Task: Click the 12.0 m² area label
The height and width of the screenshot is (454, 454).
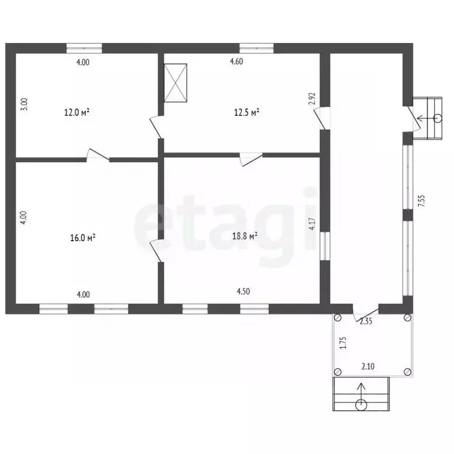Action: point(77,112)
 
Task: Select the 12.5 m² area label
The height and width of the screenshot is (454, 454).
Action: point(247,112)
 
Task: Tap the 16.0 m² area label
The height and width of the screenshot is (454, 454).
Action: point(83,238)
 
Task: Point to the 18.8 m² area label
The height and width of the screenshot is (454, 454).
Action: point(245,236)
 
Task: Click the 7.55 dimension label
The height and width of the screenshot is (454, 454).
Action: point(421,200)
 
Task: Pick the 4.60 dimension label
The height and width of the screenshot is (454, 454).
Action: point(236,61)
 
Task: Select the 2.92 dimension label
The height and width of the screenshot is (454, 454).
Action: point(312,99)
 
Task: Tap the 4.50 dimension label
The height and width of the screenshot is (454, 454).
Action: point(243,291)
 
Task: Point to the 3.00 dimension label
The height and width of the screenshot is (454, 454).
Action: point(25,104)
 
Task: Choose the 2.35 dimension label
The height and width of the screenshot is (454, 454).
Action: point(366,321)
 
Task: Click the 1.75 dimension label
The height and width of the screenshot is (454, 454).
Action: point(343,342)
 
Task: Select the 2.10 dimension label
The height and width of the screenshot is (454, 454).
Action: point(368,367)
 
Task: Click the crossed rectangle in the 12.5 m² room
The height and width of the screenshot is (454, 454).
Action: point(176,83)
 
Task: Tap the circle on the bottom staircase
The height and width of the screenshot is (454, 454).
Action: point(361,405)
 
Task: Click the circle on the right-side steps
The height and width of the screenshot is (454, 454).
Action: point(438,118)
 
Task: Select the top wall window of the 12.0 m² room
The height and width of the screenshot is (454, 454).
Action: point(85,48)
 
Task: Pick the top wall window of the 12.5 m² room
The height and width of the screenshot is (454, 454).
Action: point(257,48)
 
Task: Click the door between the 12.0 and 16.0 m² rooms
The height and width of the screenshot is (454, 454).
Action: point(98,155)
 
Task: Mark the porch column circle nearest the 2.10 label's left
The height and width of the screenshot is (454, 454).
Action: point(338,371)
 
